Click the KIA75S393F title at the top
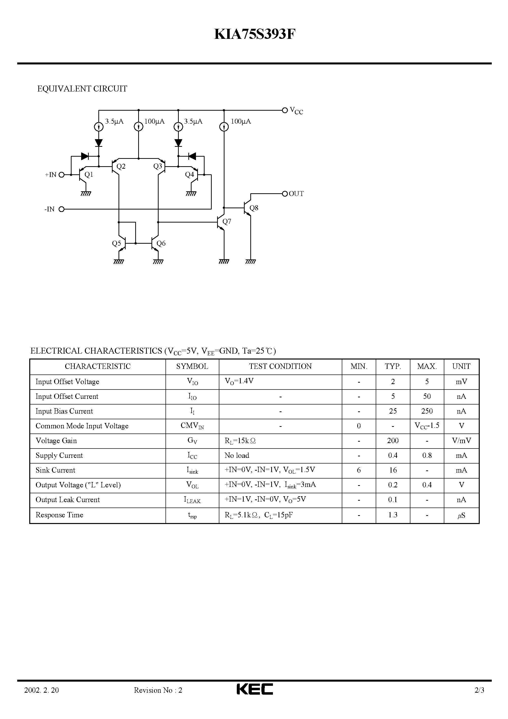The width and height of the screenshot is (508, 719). [x=254, y=35]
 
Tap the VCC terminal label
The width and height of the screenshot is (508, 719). [x=296, y=111]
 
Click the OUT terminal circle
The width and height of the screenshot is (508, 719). [x=285, y=194]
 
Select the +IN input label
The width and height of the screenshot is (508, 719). [x=50, y=175]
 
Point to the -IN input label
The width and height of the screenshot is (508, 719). [x=49, y=209]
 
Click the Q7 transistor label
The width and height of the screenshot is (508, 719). [x=227, y=222]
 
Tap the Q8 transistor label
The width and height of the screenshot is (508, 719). [x=254, y=208]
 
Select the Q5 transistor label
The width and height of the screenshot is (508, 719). [x=117, y=243]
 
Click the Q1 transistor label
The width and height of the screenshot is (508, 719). [x=89, y=175]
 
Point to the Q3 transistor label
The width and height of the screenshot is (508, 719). [x=158, y=166]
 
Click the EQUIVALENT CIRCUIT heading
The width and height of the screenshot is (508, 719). [x=82, y=89]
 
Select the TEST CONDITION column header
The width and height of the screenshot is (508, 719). [x=280, y=366]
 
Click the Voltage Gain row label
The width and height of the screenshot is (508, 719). [x=56, y=441]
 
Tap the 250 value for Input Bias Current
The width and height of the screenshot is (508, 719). [x=427, y=411]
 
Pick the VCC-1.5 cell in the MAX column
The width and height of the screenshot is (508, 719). [x=427, y=426]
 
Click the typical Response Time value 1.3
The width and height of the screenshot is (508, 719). [x=393, y=515]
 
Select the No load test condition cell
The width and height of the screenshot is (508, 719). [x=237, y=455]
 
